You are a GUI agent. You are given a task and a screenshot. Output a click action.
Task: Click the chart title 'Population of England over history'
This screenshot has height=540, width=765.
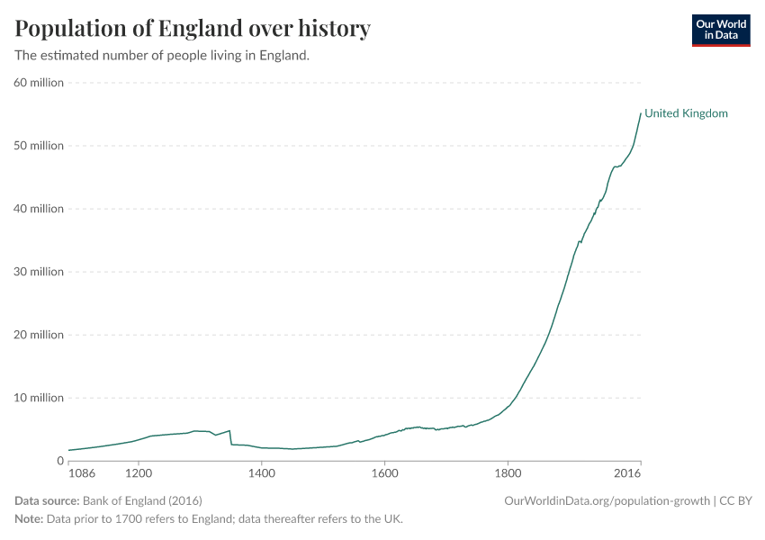(x=193, y=29)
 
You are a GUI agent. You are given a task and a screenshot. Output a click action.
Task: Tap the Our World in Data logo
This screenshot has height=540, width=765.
(x=720, y=30)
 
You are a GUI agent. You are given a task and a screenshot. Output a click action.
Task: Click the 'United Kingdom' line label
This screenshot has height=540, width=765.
(x=686, y=113)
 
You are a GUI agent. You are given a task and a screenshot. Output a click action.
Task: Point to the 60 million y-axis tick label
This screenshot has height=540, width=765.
(x=39, y=83)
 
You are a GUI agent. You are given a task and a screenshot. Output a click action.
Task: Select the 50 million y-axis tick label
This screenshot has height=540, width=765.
(x=39, y=146)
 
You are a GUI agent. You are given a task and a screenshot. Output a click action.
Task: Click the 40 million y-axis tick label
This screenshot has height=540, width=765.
(x=39, y=209)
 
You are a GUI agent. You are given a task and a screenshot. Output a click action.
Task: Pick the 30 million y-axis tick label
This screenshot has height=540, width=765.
(x=39, y=272)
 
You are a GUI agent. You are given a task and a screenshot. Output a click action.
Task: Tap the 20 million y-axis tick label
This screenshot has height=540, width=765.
(x=39, y=335)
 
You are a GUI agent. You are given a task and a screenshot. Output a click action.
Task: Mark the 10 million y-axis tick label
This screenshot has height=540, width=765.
(x=39, y=398)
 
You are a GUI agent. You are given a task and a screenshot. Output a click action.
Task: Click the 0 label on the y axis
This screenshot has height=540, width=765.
(x=59, y=461)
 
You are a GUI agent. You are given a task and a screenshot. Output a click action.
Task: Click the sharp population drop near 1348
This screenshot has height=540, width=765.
(x=230, y=437)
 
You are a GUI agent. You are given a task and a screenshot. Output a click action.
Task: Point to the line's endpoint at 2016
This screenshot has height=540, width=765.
(x=640, y=113)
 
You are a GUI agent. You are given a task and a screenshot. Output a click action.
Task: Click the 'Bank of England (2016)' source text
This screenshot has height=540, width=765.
(x=142, y=500)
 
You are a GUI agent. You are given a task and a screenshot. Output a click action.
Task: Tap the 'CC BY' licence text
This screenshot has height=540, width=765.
(x=739, y=500)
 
